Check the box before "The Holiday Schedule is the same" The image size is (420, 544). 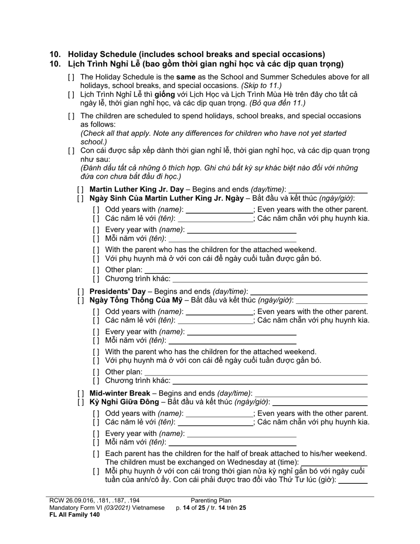71,77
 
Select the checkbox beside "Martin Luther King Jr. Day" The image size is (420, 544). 80,190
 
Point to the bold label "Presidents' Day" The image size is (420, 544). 117,291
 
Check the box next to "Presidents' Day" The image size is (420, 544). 80,292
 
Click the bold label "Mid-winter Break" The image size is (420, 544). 119,393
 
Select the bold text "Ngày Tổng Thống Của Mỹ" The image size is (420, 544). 135,300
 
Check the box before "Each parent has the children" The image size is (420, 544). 96,454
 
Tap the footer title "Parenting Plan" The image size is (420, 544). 211,501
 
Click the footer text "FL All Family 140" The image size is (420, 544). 74,514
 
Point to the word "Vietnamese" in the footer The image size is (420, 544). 148,508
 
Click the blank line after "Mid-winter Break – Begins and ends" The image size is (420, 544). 311,394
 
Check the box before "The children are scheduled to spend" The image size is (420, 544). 71,116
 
